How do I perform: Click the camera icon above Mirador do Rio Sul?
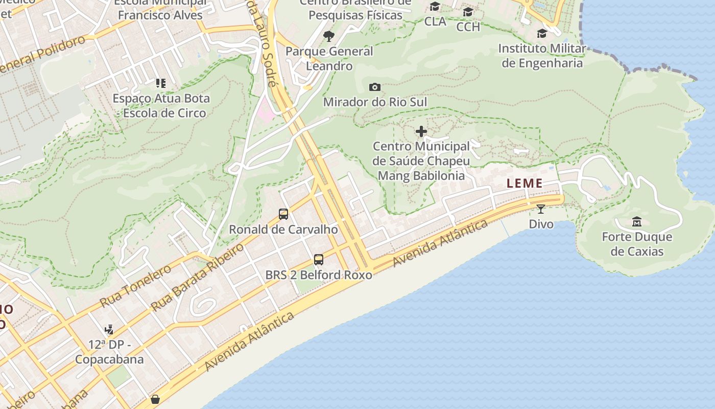tap(375, 87)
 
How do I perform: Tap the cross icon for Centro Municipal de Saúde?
tap(421, 132)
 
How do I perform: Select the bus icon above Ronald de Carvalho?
tap(283, 214)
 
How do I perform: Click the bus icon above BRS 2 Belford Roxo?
tap(319, 260)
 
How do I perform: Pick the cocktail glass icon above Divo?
tap(541, 209)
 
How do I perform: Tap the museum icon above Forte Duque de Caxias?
tap(637, 222)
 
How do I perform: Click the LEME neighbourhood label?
tap(524, 184)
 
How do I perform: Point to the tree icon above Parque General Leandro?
tap(329, 36)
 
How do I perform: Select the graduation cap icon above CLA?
tap(435, 7)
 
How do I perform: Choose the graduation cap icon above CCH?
tap(468, 12)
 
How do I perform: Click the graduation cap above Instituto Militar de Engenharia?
tap(542, 34)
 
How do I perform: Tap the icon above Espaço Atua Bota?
tap(161, 83)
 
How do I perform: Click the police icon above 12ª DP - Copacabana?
tap(109, 330)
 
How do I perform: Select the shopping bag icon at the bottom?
tap(155, 399)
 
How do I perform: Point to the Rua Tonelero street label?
tap(135, 286)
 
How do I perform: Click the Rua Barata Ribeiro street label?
tap(198, 278)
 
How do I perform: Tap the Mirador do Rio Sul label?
tap(375, 102)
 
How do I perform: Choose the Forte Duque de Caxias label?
tap(637, 244)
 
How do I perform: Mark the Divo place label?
tap(541, 224)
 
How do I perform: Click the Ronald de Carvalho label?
tap(283, 230)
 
